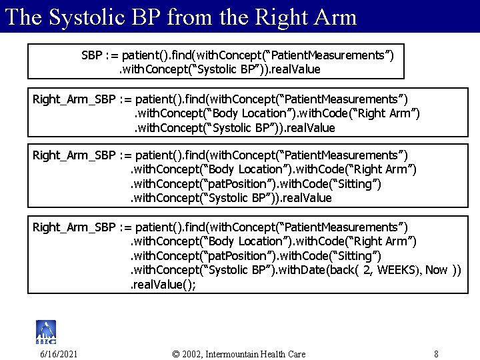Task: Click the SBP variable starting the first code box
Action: [x=92, y=54]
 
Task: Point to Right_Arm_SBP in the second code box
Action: [x=74, y=99]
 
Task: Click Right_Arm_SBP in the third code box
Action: [x=74, y=155]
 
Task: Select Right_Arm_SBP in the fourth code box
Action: [x=74, y=228]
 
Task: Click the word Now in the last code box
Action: [x=437, y=270]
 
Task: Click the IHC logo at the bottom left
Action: [x=46, y=331]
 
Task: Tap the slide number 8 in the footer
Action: [x=435, y=353]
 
